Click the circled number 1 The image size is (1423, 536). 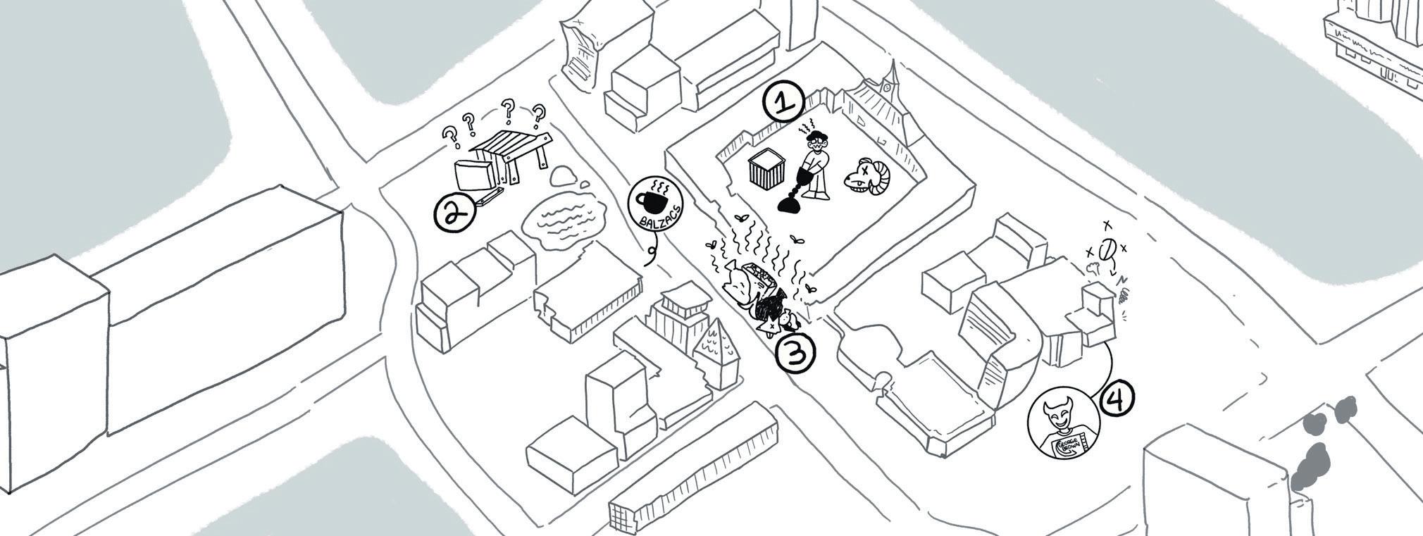[x=784, y=103]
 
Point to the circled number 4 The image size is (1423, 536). [x=1117, y=399]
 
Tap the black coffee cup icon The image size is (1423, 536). [x=652, y=201]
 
